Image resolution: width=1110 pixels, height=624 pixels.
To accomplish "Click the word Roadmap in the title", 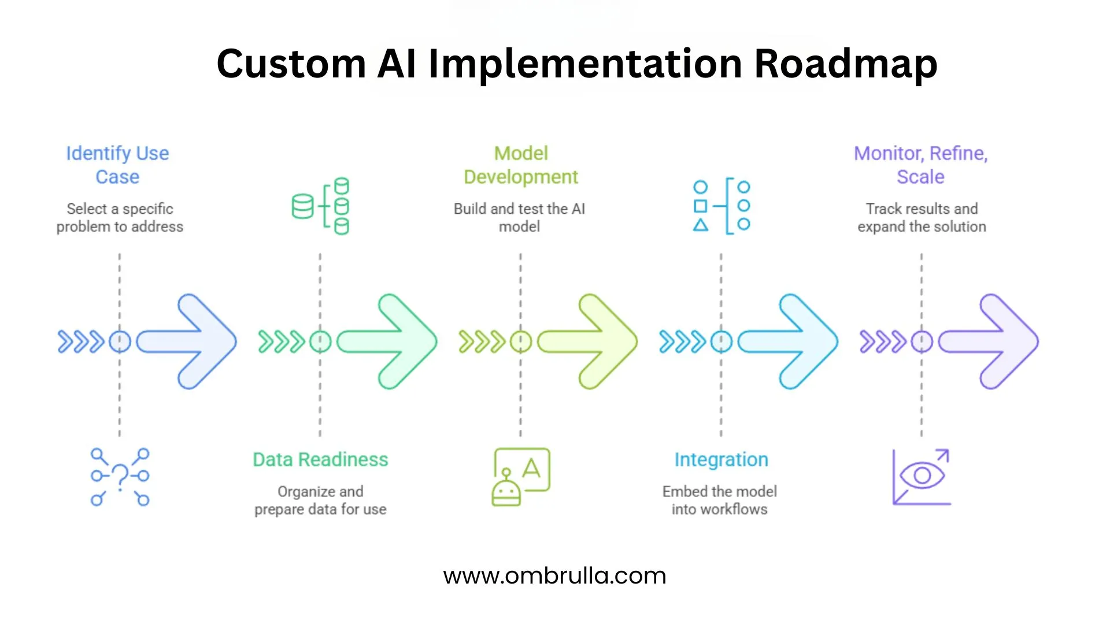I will tap(845, 64).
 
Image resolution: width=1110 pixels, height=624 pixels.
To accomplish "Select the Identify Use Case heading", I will tap(117, 165).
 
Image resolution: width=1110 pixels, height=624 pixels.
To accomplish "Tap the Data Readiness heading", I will tap(320, 459).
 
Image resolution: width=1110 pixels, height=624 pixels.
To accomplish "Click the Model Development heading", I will tap(520, 165).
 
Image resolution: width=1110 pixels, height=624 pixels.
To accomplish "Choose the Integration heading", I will tap(721, 459).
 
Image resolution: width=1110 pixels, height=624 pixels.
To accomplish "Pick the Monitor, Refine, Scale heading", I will tap(921, 165).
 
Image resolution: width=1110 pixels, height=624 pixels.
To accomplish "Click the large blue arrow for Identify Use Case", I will tap(191, 341).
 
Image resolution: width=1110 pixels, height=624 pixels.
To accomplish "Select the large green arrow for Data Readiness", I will tap(391, 341).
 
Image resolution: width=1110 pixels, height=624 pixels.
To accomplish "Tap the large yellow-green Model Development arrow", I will tap(592, 341).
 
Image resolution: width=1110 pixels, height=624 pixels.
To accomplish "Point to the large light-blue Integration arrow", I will tap(792, 341).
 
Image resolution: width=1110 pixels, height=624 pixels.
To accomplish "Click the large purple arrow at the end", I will tap(993, 341).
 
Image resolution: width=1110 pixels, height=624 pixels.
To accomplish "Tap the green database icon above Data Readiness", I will tap(321, 206).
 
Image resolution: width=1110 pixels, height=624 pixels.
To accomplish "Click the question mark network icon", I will tap(120, 477).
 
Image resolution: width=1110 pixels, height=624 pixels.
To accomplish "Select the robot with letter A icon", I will tap(520, 477).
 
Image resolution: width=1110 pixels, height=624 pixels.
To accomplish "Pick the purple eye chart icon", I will tap(922, 477).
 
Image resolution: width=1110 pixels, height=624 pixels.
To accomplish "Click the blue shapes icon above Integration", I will tap(721, 206).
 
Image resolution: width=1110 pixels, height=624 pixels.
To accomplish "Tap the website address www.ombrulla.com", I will tap(554, 575).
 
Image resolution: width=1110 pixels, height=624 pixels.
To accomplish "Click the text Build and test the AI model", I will tap(519, 217).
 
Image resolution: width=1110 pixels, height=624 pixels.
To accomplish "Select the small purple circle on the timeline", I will tap(922, 341).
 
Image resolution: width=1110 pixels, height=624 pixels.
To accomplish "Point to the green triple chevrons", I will tap(281, 341).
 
